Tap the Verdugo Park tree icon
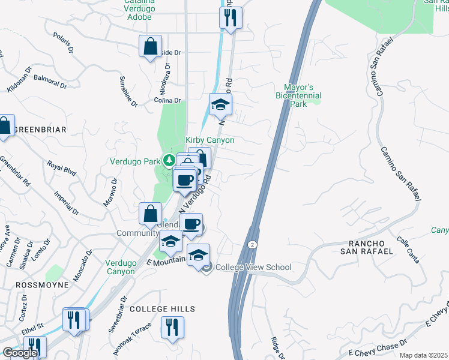click(170, 160)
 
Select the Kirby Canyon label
click(209, 140)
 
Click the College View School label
click(253, 268)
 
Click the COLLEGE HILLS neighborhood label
click(162, 309)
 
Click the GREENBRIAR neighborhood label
click(40, 130)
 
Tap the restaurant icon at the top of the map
click(231, 19)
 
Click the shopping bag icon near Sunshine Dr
click(149, 46)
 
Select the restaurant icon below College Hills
click(172, 328)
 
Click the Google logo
click(20, 353)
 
